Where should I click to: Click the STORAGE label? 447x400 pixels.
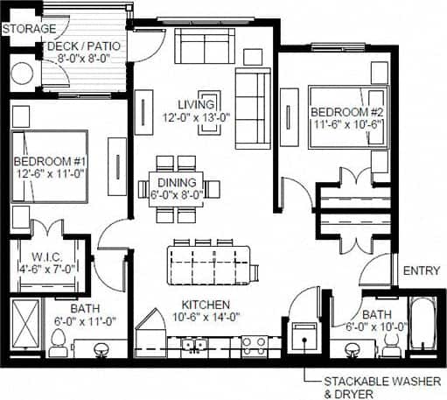tap(26, 30)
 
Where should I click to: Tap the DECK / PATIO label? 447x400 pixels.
tap(84, 46)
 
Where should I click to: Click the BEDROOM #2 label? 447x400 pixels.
tap(346, 112)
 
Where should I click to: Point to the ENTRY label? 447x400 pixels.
tap(421, 271)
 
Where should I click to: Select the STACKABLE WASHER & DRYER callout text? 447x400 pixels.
tap(379, 387)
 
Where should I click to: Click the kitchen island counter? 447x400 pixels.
tap(210, 263)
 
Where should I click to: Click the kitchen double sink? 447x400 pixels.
tap(193, 347)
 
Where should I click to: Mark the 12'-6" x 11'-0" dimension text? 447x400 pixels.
tap(51, 173)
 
